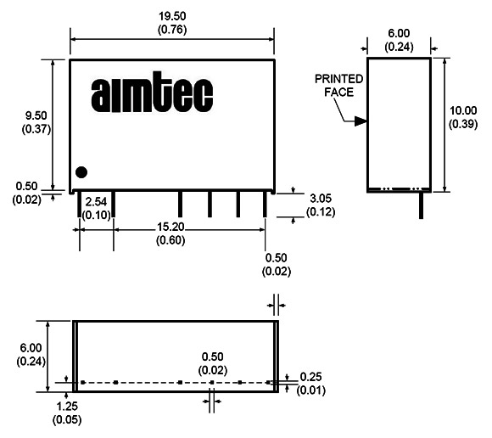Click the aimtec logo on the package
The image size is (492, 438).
coord(152,92)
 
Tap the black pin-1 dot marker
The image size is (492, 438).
coord(81,172)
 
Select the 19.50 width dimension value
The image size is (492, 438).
coord(172,16)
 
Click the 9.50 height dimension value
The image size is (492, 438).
coord(36,115)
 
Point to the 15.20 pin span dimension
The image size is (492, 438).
coord(171,227)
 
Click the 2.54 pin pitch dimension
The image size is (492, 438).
coord(96,201)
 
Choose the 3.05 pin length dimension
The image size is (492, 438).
coord(321,199)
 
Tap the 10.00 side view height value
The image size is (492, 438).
coord(463,110)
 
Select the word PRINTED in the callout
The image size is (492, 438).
coord(338,79)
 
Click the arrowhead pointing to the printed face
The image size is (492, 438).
coord(361,121)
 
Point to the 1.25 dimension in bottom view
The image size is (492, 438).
coord(67,407)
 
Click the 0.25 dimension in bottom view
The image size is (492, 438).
coord(310,377)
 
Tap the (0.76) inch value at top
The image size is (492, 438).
coord(172,30)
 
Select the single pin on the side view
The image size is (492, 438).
coord(421,205)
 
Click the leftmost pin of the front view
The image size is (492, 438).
coord(79,204)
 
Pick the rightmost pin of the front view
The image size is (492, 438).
coord(265,204)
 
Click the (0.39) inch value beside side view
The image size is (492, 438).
coord(463,124)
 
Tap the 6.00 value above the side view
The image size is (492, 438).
coord(399,33)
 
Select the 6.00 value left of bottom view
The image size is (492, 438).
coord(31,348)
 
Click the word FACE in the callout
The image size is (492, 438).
coord(338,93)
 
